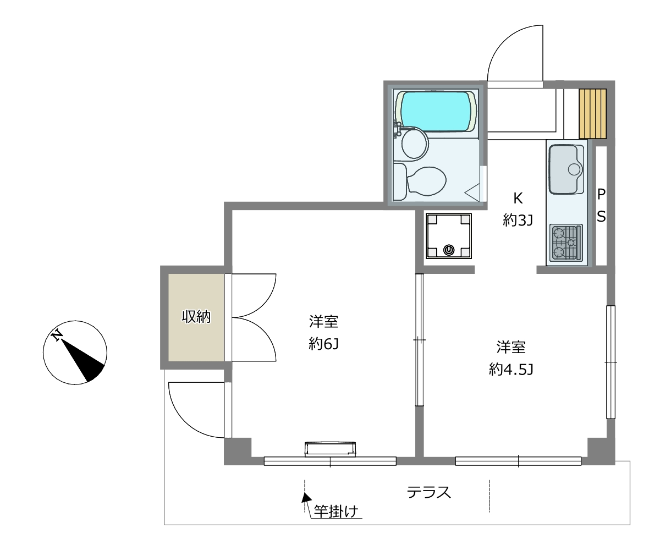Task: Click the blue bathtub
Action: coord(436,111)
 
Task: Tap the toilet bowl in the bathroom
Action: coord(426,181)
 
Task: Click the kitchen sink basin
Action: coord(566,169)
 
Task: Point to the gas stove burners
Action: coord(566,243)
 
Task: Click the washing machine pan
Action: coord(449,236)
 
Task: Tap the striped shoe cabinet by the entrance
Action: coord(592,114)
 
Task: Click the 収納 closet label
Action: coord(196,316)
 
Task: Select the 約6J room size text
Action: coord(324,344)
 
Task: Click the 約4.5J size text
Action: coord(511,369)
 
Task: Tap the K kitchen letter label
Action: coord(518,199)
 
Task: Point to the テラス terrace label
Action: coord(428,492)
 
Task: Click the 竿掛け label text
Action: coord(336,512)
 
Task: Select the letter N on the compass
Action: coord(57,335)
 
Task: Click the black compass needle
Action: coord(83,360)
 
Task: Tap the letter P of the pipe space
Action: coord(601,194)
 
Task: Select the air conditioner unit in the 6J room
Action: coord(330,449)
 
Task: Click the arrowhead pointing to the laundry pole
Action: coord(306,498)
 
